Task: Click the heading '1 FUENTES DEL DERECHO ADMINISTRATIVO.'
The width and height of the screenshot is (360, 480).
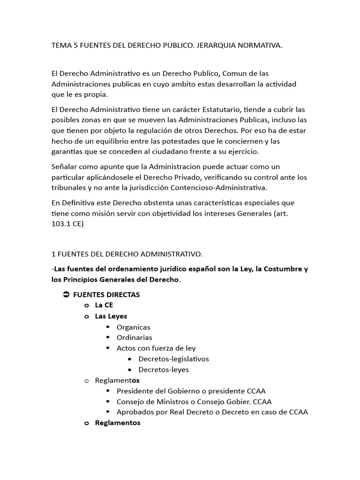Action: coord(127,254)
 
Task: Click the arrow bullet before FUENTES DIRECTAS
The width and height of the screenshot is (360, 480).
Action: coord(66,295)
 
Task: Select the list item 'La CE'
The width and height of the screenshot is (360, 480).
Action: coord(104,305)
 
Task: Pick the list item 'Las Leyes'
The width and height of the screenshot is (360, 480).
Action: coord(111,316)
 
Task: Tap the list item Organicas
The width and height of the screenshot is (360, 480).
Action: coord(133,327)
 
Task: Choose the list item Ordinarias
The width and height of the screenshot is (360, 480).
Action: coord(134,337)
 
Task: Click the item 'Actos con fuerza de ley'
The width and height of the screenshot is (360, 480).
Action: coord(156,348)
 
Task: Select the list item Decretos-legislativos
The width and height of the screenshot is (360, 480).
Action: coord(173,359)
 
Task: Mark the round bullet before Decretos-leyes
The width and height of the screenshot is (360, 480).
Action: coord(129,370)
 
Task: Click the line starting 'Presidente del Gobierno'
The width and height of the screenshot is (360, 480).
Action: coord(187,391)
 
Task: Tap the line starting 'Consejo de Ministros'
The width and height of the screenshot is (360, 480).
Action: coord(194,402)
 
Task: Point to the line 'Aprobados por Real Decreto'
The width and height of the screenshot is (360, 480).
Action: coord(212,412)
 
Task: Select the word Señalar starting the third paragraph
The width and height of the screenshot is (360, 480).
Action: coord(65,167)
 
